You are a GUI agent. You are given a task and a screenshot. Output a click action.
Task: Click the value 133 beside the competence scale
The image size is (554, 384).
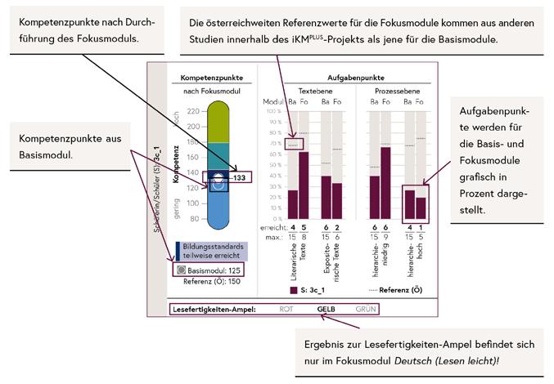coord(238,176)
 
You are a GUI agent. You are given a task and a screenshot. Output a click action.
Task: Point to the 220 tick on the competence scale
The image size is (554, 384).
coord(193,112)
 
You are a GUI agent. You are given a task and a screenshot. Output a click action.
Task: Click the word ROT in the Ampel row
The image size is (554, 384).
coord(286,309)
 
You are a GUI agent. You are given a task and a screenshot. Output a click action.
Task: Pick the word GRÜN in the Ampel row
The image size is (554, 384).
coord(367,309)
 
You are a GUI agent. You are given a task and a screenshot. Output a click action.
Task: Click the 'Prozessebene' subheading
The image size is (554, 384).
coord(397,91)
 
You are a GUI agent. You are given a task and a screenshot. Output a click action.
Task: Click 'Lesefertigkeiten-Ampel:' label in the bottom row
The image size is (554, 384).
coord(214,309)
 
